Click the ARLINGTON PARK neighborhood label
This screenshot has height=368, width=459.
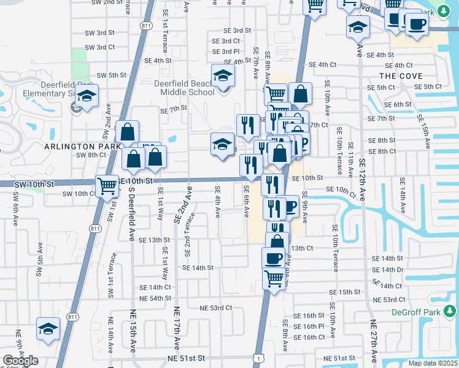78,147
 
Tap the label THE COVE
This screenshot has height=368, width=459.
401,75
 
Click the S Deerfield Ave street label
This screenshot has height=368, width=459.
131,213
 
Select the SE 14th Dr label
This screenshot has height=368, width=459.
392,269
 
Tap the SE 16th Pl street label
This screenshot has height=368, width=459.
309,326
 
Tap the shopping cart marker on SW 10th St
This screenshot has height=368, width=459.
107,185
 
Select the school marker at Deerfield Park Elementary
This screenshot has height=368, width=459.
88,97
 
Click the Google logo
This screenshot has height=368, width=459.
21,361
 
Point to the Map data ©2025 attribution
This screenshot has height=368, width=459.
432,363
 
